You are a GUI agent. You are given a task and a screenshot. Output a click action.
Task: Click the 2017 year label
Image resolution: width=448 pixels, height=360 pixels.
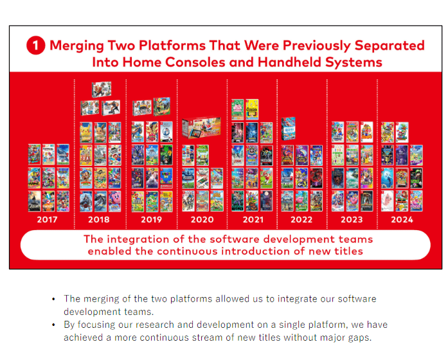click(47, 220)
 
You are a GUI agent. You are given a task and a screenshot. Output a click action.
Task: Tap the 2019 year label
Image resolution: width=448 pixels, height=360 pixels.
click(151, 220)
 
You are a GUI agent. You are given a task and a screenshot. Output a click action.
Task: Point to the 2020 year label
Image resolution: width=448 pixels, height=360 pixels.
click(202, 220)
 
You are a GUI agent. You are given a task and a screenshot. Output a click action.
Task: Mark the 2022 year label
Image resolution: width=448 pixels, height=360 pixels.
click(301, 220)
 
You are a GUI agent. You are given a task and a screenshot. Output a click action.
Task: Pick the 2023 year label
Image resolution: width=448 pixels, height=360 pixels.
click(352, 220)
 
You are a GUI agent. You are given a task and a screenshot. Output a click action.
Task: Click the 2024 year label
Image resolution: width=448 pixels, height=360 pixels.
click(402, 220)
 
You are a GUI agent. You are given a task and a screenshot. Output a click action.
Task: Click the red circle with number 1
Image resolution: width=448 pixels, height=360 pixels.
click(35, 46)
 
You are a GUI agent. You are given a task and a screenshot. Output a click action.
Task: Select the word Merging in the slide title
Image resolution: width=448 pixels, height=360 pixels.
click(76, 46)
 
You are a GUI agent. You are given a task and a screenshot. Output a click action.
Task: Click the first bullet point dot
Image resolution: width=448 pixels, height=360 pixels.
click(55, 300)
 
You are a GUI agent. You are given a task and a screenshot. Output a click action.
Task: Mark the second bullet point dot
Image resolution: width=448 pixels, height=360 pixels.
click(55, 325)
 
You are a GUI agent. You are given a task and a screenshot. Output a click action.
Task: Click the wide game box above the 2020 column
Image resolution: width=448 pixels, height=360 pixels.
click(201, 129)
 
